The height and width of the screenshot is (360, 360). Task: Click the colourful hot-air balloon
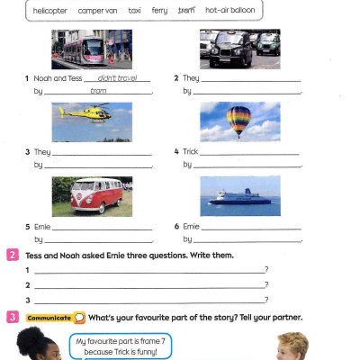pos(238,120)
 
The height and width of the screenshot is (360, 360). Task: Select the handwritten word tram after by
pos(99,91)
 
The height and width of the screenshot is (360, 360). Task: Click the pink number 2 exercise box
pos(12,255)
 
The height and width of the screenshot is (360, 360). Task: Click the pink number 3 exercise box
pos(12,317)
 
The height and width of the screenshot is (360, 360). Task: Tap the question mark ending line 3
pos(266,299)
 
